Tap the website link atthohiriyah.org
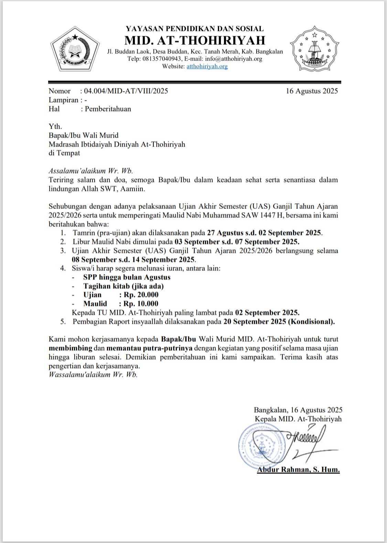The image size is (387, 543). (207, 66)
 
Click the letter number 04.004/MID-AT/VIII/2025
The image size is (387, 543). (126, 91)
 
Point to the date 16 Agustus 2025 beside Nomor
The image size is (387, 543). (312, 91)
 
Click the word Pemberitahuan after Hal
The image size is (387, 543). (108, 109)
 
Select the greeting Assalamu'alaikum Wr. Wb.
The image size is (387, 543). (91, 171)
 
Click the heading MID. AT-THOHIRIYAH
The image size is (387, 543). (195, 40)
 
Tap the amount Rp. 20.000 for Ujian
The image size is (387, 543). (141, 295)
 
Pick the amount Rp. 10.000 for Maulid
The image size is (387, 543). (141, 304)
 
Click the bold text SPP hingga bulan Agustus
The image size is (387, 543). (127, 277)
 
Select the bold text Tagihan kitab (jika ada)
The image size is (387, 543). (123, 286)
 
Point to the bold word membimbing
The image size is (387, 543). (71, 348)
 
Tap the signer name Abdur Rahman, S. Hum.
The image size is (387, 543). (298, 470)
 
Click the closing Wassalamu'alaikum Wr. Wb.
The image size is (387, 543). (93, 375)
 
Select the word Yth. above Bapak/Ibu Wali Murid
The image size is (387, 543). (55, 127)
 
